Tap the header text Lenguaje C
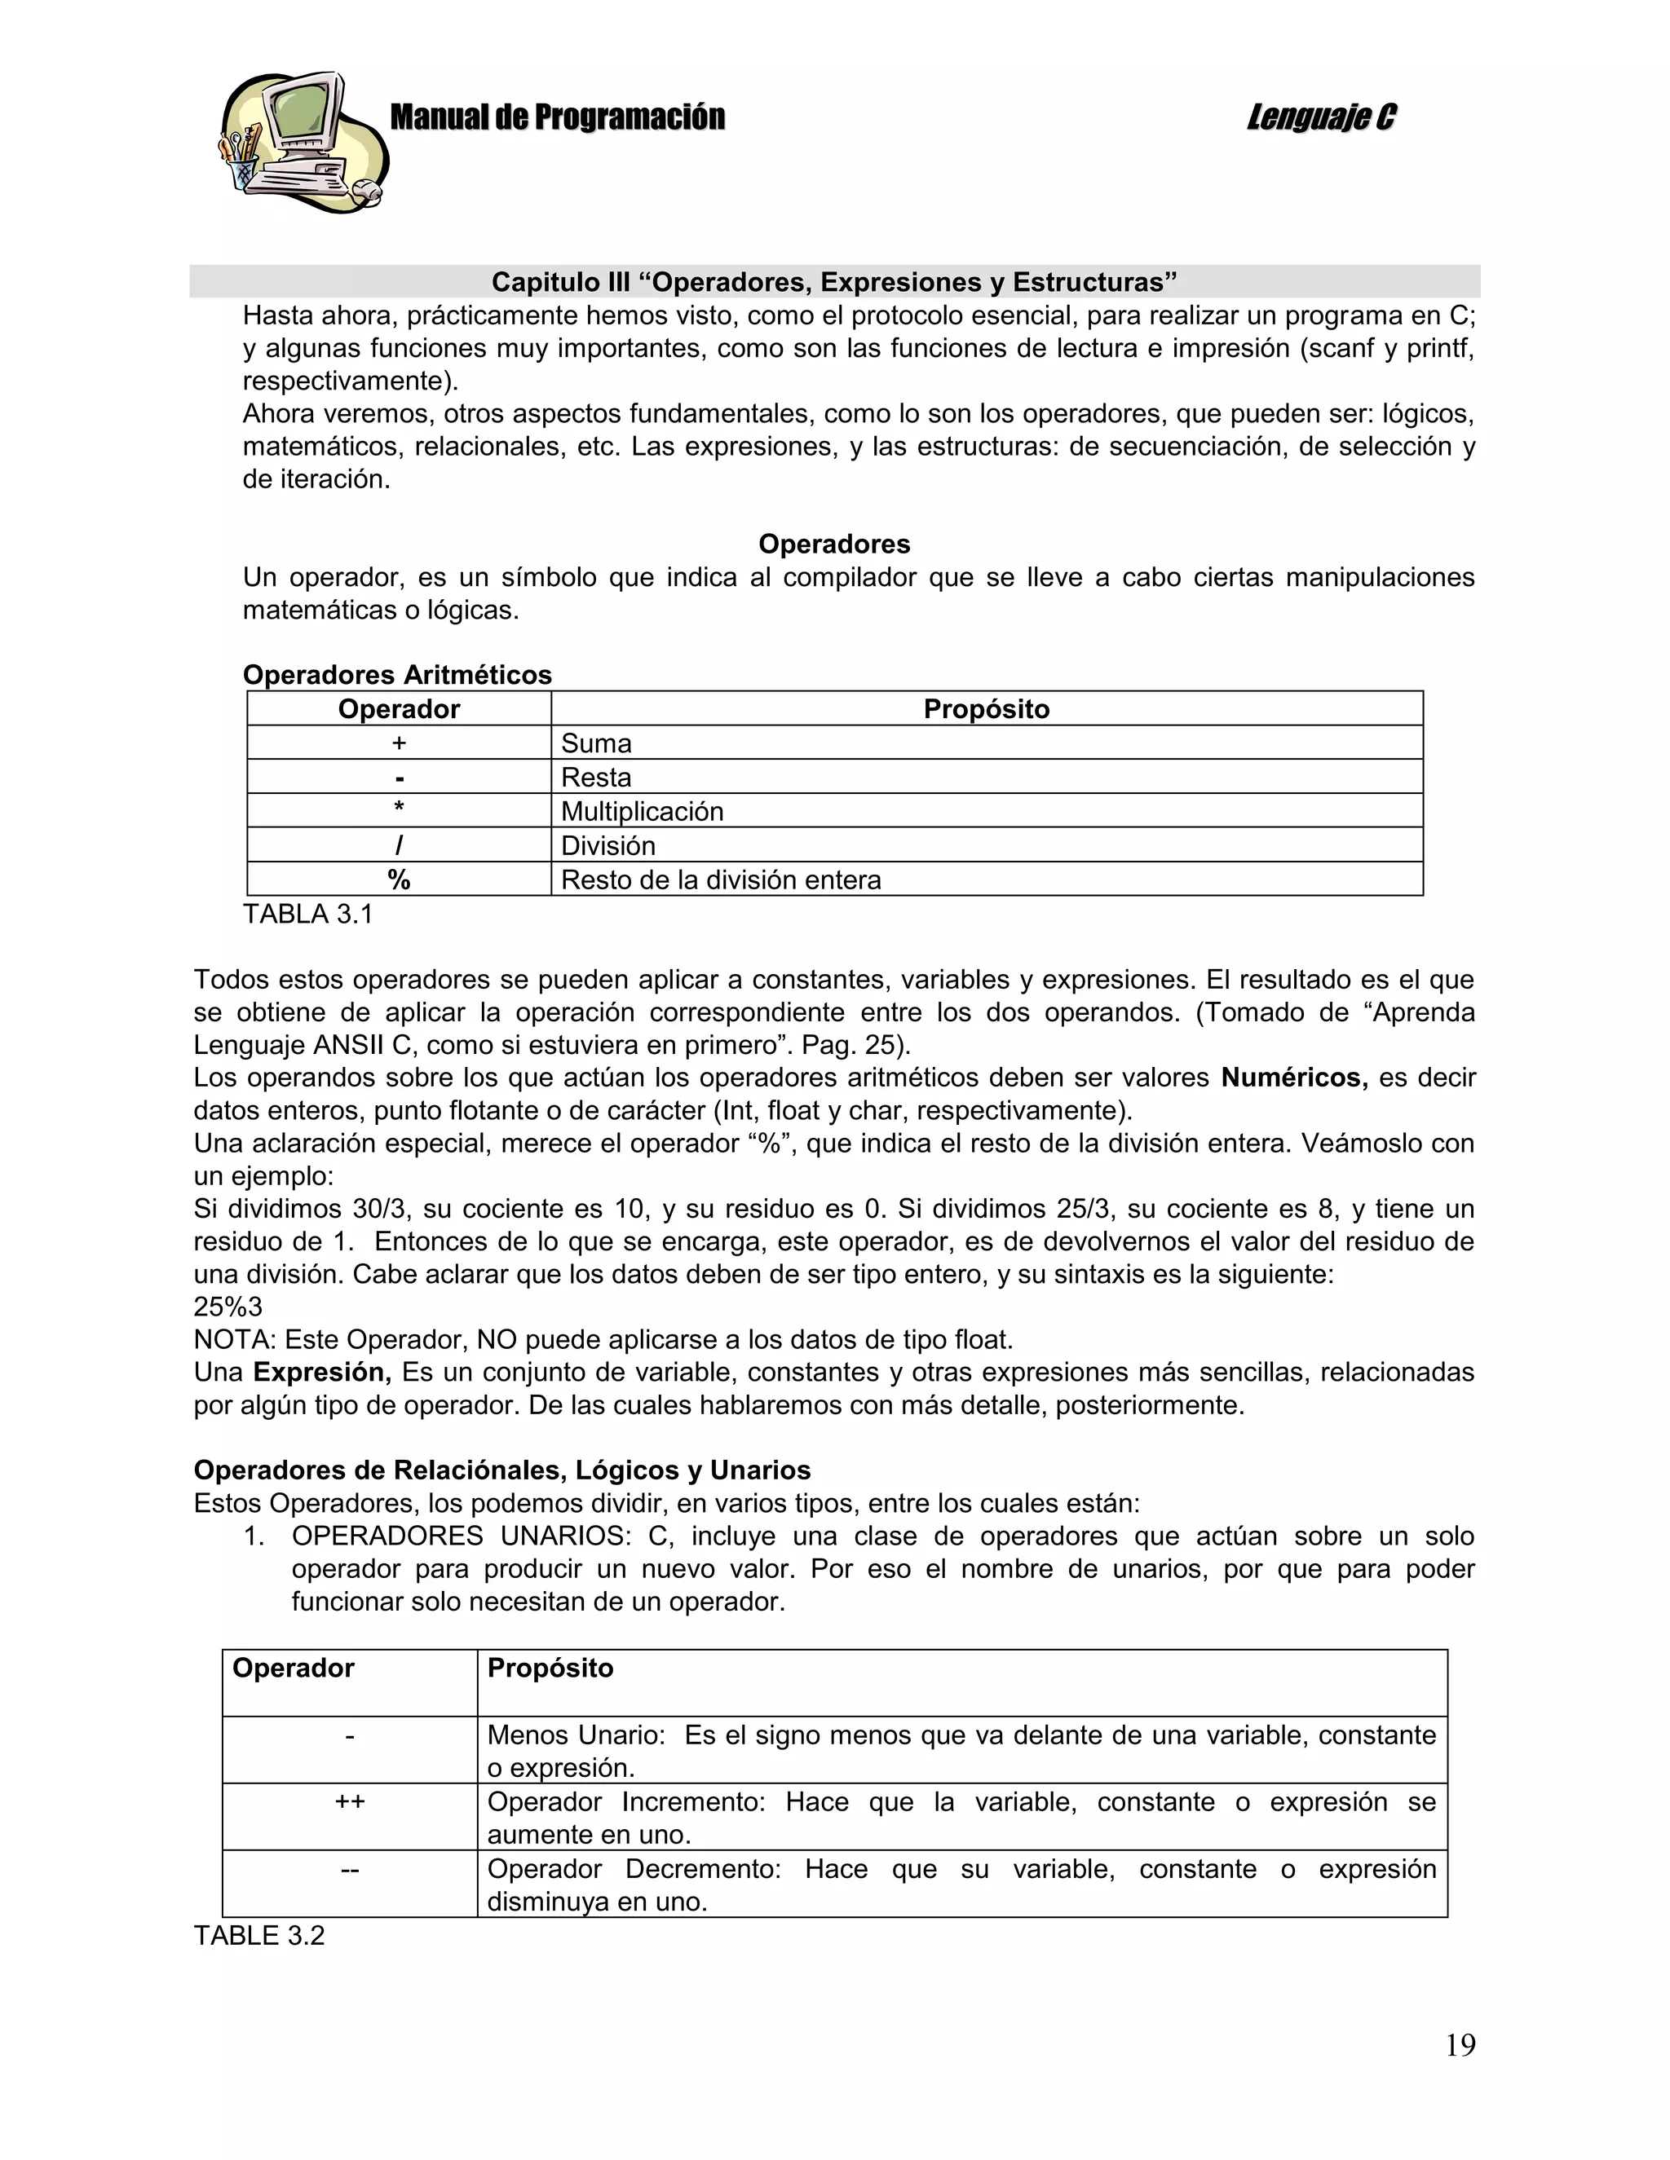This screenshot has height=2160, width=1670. coord(1321,117)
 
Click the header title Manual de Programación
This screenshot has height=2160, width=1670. coord(557,117)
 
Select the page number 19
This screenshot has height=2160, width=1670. coord(1460,2044)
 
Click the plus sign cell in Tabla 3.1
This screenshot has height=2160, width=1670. coord(399,743)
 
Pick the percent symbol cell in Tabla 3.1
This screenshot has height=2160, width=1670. coord(399,879)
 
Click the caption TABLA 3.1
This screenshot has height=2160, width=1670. coord(307,914)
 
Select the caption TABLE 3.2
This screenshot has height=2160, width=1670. coord(259,1936)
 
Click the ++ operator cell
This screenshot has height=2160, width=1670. coord(349,1801)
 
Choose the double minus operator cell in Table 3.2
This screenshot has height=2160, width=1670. coord(349,1868)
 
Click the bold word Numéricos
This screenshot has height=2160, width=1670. coord(1293,1077)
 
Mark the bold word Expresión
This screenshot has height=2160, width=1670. coord(321,1372)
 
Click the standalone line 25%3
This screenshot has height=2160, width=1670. coord(228,1307)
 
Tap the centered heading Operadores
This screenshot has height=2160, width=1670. coord(834,544)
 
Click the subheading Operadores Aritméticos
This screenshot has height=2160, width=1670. coord(397,675)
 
